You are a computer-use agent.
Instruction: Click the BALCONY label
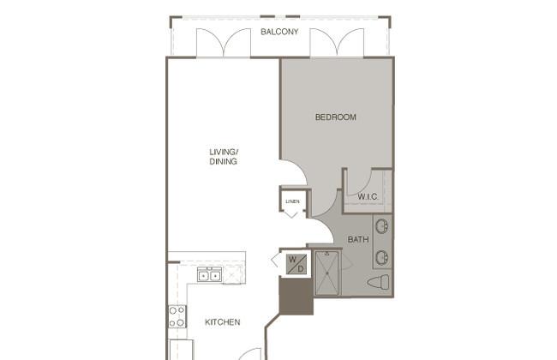tap(279, 32)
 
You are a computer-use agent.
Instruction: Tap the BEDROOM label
tap(336, 117)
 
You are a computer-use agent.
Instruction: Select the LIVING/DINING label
tap(224, 157)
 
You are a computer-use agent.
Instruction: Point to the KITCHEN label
tap(223, 322)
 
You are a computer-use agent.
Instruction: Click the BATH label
tap(358, 239)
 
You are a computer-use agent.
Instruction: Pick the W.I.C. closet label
tap(368, 196)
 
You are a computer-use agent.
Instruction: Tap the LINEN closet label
tap(292, 201)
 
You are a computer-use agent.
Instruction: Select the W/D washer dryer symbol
tap(296, 264)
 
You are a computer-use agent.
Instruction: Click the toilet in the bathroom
tap(378, 282)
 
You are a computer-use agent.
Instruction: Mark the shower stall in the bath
tap(326, 273)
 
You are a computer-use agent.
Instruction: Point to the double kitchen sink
tap(210, 274)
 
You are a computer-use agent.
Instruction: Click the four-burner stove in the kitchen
tap(177, 316)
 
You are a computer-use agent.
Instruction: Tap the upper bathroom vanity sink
tap(382, 226)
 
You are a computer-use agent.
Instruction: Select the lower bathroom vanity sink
tap(382, 257)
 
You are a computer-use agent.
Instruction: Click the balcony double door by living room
tap(224, 43)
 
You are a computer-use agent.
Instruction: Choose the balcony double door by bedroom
tap(337, 43)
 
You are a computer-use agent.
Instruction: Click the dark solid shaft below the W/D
tap(296, 297)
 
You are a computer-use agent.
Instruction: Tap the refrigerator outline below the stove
tap(181, 350)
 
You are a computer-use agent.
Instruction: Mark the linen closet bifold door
tap(291, 214)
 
